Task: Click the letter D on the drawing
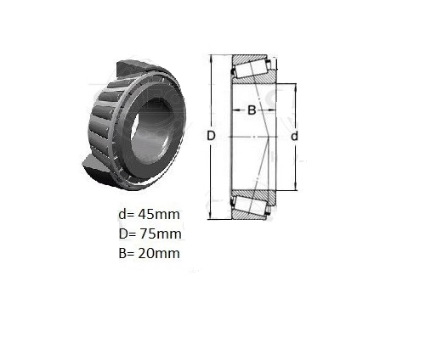tap(211, 136)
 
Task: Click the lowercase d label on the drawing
tap(295, 136)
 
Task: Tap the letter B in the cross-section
tap(252, 110)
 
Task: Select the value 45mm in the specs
tap(159, 214)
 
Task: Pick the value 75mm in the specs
tap(160, 233)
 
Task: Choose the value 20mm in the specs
tap(159, 253)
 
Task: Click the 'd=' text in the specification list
tap(127, 214)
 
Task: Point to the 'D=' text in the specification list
tap(127, 233)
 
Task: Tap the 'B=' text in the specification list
tap(127, 253)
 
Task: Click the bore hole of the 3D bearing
tap(151, 131)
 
